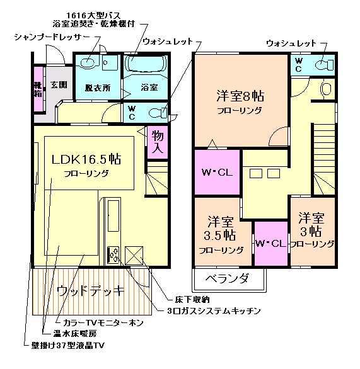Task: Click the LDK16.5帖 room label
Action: (86, 159)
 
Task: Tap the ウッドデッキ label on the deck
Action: (90, 291)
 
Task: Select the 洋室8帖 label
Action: (240, 96)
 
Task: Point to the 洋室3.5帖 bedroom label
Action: (220, 228)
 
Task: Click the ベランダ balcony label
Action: (227, 279)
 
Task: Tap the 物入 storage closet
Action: (158, 142)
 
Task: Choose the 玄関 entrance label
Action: (59, 85)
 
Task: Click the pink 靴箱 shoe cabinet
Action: (38, 89)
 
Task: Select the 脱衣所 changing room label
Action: (98, 88)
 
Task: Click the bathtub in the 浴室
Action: (146, 64)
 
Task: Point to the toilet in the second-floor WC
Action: (325, 65)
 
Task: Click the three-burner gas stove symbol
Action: (113, 254)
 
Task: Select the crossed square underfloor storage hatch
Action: (134, 255)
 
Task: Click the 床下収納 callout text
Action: (192, 300)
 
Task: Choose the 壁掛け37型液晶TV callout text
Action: (68, 345)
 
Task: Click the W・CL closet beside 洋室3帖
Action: (271, 244)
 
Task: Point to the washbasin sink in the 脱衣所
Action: (88, 62)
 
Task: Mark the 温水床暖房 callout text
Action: (74, 334)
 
